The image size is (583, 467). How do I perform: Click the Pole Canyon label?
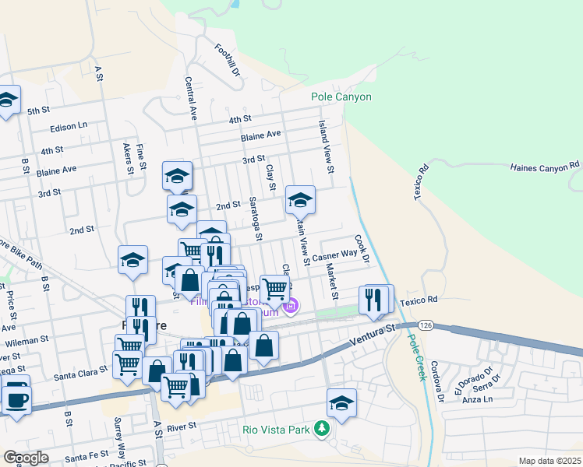click(x=341, y=97)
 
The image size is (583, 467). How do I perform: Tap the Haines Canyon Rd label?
click(x=545, y=166)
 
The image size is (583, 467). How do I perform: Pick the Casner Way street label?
click(x=334, y=254)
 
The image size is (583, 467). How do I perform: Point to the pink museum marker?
click(x=290, y=307)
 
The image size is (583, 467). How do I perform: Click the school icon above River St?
click(x=341, y=403)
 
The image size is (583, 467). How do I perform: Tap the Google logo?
click(x=26, y=458)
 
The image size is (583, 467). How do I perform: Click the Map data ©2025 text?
click(x=549, y=461)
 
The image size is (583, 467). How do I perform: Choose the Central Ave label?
click(x=190, y=97)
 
